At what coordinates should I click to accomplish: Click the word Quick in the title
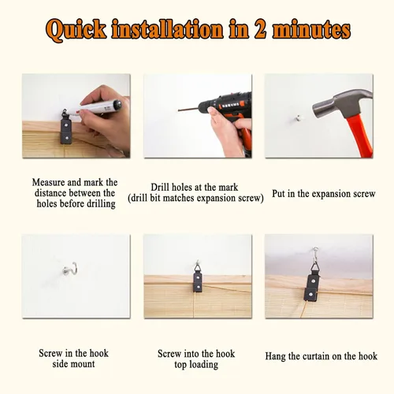pyautogui.click(x=76, y=30)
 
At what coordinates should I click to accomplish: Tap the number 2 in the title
pyautogui.click(x=260, y=29)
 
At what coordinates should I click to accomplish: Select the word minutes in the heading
pyautogui.click(x=311, y=29)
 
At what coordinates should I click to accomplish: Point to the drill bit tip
pyautogui.click(x=179, y=110)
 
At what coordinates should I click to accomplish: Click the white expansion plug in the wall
pyautogui.click(x=298, y=118)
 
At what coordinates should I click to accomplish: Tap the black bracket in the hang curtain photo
pyautogui.click(x=312, y=286)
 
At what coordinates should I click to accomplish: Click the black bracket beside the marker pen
pyautogui.click(x=66, y=129)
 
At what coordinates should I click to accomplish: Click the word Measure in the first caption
pyautogui.click(x=48, y=182)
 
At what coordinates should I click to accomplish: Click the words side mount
pyautogui.click(x=73, y=364)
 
